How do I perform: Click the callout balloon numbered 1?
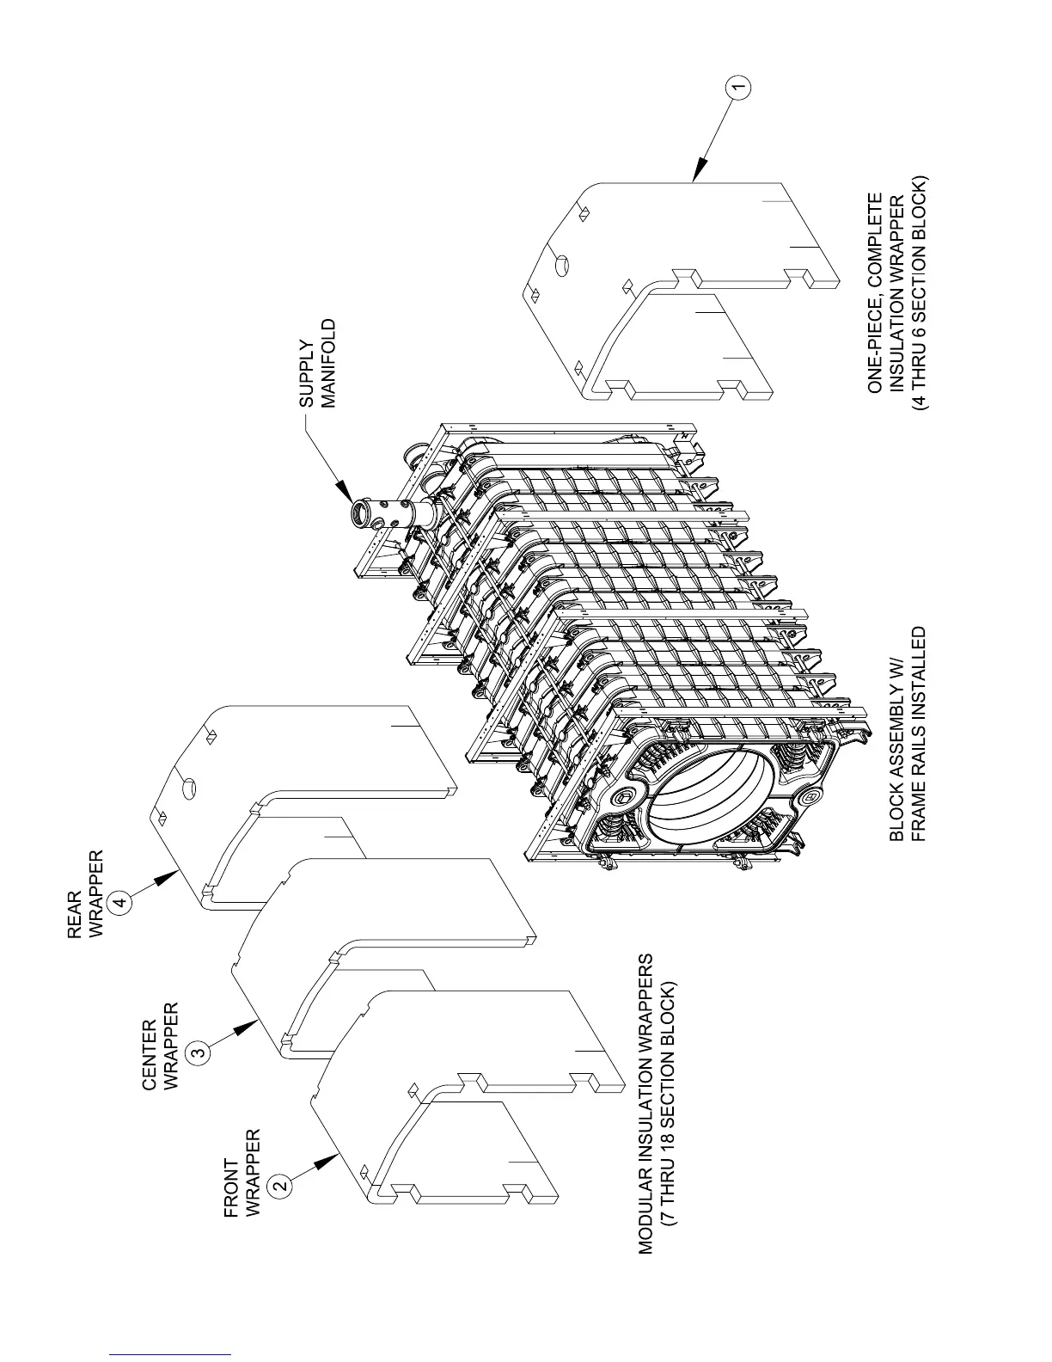tap(738, 87)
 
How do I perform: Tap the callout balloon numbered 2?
tap(280, 1185)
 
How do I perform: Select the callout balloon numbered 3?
tap(198, 1050)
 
